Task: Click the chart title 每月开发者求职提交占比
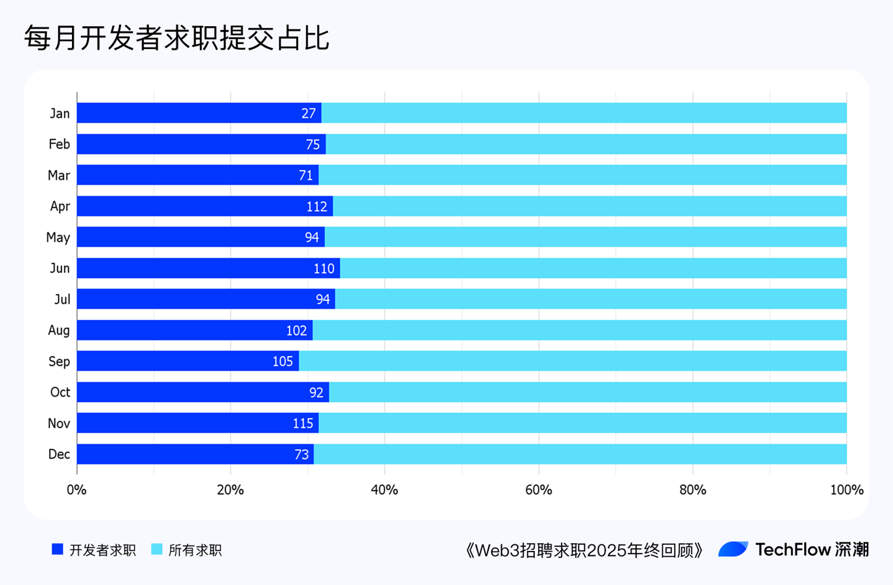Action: [x=177, y=39]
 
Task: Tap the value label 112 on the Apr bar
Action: [x=316, y=206]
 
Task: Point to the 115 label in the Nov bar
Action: [x=303, y=423]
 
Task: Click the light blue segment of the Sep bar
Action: [x=572, y=361]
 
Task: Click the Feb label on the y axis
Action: [x=59, y=144]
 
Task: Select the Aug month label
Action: [x=59, y=330]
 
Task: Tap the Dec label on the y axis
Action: [x=59, y=454]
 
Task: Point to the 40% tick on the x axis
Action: [x=384, y=489]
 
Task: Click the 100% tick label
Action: [x=846, y=489]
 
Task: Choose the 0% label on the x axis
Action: [x=77, y=489]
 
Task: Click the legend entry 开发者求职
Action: [x=103, y=550]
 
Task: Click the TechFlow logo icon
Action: [x=733, y=550]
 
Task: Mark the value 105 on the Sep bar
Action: [x=282, y=361]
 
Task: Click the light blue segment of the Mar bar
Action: [x=582, y=175]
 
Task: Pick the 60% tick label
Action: [x=538, y=489]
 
